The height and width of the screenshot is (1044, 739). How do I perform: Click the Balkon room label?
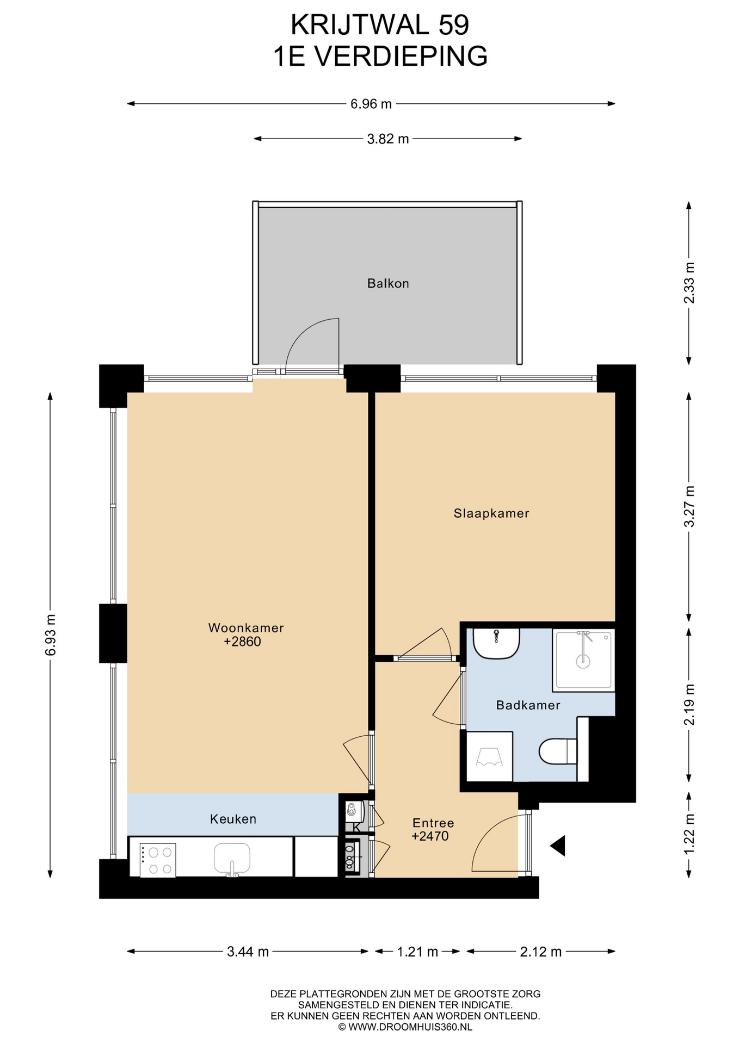pos(388,283)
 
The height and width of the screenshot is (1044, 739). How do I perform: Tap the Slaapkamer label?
pos(491,513)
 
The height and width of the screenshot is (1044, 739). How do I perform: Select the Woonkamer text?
pos(246,628)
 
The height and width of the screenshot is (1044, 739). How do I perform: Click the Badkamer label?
pos(528,705)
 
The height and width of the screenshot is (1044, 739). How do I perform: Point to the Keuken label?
pos(233,819)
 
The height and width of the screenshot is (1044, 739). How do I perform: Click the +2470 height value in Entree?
pos(430,836)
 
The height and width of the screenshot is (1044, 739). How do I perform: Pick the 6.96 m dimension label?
pos(371,104)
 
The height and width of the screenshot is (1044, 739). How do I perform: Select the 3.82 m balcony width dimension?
pos(388,139)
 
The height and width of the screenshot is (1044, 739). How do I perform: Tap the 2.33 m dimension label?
pos(689,283)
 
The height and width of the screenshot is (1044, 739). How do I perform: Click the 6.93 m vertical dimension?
pos(50,635)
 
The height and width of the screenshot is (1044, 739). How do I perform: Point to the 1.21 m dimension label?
pos(417,952)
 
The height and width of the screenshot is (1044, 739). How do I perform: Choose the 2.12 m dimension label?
pos(541,952)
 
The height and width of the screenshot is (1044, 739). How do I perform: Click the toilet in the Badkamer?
pos(558,751)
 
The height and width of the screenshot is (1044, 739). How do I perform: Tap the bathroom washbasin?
pos(496,644)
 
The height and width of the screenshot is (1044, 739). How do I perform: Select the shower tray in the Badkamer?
pos(583,660)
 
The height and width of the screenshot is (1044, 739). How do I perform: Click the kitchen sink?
pos(232,859)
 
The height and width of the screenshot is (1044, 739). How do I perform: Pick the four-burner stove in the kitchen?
pos(158,860)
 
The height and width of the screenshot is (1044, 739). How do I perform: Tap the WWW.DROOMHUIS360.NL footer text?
pos(410,1027)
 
